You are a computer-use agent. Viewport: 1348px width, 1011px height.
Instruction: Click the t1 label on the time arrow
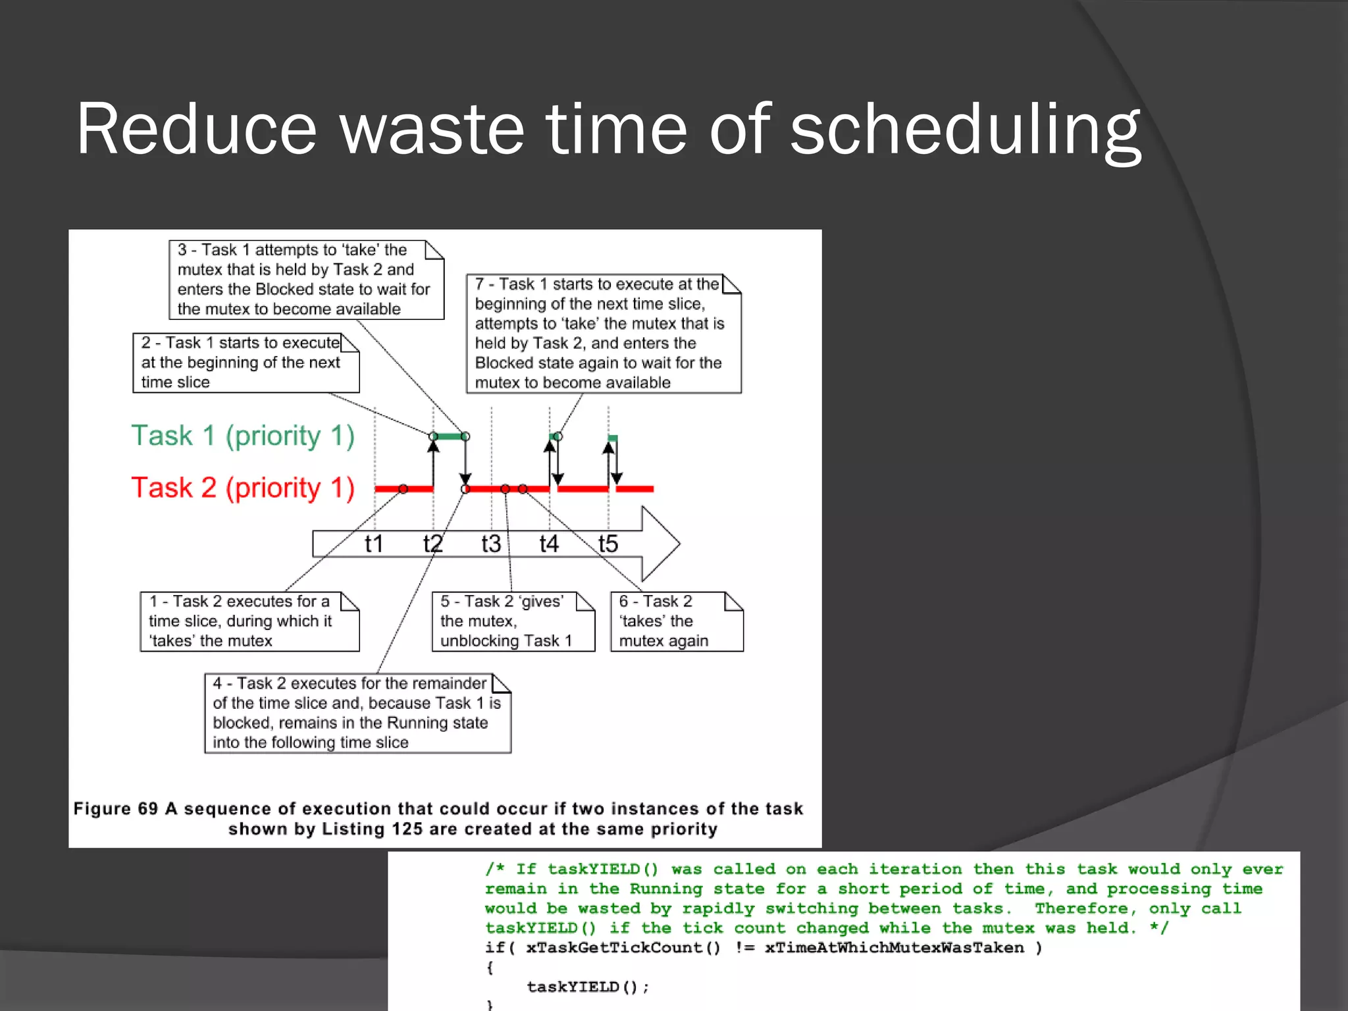click(x=374, y=544)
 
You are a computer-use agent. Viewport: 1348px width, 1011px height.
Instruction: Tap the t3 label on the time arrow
click(x=491, y=544)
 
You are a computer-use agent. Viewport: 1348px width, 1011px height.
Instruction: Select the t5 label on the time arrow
click(x=608, y=544)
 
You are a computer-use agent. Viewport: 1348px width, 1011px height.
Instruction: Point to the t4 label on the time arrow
click(x=549, y=544)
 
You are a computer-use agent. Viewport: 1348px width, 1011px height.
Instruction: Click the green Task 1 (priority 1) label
click(x=243, y=436)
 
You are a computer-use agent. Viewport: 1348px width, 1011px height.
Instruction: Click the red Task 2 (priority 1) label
click(x=243, y=488)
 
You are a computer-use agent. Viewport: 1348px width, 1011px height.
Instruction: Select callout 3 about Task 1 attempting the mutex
click(x=306, y=280)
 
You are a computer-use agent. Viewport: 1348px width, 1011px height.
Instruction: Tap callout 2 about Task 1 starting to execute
click(x=246, y=363)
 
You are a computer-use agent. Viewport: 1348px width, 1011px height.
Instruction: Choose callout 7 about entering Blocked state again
click(x=604, y=334)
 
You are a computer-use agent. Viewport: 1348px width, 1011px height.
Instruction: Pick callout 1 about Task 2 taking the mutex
click(x=249, y=621)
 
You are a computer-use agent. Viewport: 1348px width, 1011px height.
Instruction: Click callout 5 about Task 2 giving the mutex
click(x=513, y=621)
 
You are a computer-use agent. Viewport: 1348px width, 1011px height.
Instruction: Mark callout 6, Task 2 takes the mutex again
click(x=677, y=621)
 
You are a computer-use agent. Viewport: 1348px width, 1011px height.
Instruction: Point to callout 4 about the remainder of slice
click(x=357, y=713)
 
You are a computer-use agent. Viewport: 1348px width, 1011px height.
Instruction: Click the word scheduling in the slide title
click(x=965, y=130)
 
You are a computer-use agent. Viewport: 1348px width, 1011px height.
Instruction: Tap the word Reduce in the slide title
click(x=196, y=130)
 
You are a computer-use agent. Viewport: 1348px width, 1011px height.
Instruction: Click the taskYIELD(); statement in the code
click(x=588, y=987)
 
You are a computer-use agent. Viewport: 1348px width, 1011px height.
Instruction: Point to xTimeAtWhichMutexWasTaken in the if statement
click(x=894, y=948)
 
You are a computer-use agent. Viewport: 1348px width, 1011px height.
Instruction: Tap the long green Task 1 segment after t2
click(x=449, y=436)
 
